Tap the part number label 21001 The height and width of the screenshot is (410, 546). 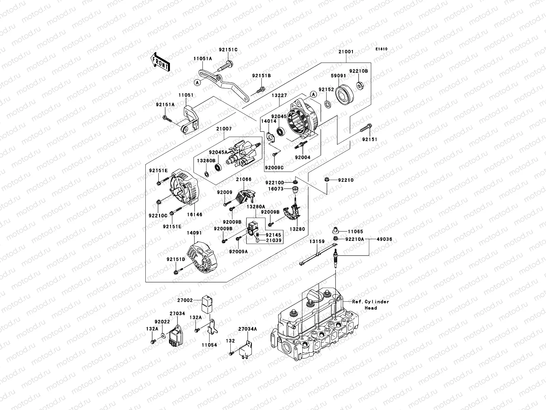[x=346, y=52]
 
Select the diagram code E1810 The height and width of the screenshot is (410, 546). [x=382, y=49]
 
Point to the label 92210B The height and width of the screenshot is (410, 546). [x=358, y=71]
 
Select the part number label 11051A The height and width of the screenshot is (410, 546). [x=203, y=59]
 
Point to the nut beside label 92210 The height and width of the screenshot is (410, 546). [x=327, y=180]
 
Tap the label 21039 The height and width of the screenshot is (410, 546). [x=274, y=240]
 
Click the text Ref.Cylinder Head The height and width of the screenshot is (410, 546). [x=371, y=305]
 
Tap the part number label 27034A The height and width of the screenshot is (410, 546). [x=247, y=329]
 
